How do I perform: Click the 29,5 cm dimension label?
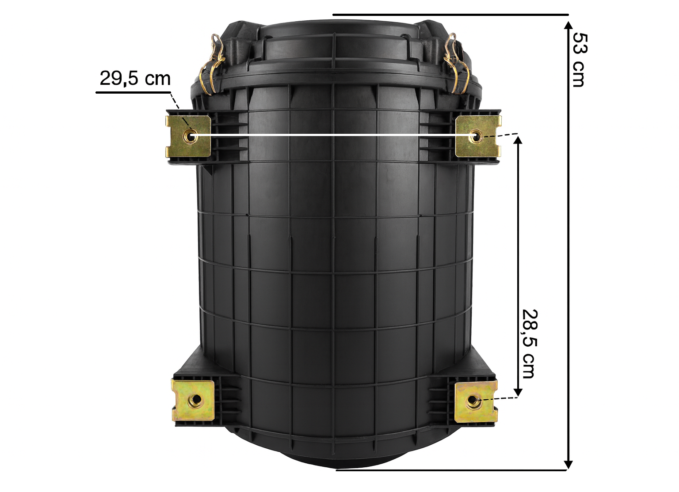click(x=135, y=78)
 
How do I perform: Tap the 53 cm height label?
click(x=580, y=60)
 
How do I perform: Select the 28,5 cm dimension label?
click(x=530, y=343)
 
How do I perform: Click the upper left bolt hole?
click(x=191, y=136)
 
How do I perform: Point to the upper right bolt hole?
click(x=476, y=136)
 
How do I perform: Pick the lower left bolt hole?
click(x=195, y=401)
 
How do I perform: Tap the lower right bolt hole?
click(x=473, y=401)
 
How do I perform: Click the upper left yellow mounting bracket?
click(x=188, y=136)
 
